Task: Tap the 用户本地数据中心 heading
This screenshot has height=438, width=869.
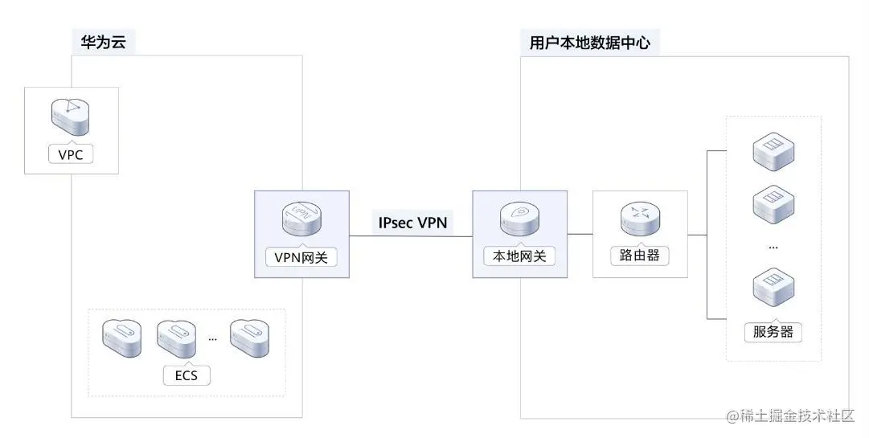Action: [589, 42]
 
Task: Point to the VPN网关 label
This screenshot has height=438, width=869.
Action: [301, 257]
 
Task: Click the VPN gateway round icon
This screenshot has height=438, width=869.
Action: [302, 218]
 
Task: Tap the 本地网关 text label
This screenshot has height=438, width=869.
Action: [519, 257]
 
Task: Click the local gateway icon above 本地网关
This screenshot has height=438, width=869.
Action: [519, 218]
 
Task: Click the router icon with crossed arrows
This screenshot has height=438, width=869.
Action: [640, 218]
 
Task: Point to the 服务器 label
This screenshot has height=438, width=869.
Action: [773, 331]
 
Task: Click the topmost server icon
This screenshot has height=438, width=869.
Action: [773, 152]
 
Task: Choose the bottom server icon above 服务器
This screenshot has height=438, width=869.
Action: [773, 290]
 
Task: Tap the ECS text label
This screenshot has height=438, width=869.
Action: [186, 375]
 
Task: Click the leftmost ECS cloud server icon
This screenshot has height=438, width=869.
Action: [122, 338]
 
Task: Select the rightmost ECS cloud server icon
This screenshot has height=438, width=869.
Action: [250, 338]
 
